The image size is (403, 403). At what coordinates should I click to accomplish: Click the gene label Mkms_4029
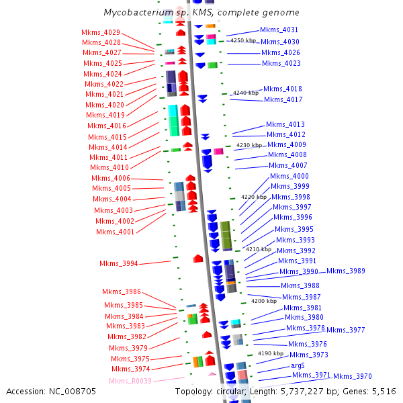(x=101, y=32)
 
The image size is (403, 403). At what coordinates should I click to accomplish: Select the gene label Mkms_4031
(x=279, y=30)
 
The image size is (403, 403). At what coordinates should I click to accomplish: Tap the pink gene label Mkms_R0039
(x=131, y=382)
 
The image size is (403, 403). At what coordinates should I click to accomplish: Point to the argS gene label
(x=298, y=365)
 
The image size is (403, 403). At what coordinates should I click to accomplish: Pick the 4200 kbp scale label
(x=264, y=302)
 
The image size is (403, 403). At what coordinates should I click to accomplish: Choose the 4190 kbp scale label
(x=271, y=353)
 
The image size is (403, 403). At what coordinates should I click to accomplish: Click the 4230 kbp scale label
(x=249, y=145)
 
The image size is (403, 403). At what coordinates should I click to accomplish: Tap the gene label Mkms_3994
(x=119, y=263)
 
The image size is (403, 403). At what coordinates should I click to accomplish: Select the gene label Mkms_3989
(x=346, y=271)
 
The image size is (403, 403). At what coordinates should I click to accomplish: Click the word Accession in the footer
(x=26, y=392)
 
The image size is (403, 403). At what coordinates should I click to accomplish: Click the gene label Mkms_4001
(x=115, y=232)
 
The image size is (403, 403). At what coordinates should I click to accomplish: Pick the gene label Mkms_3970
(x=352, y=376)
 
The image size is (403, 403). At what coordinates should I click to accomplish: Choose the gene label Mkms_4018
(x=283, y=89)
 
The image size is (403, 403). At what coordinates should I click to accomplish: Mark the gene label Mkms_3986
(x=122, y=292)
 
